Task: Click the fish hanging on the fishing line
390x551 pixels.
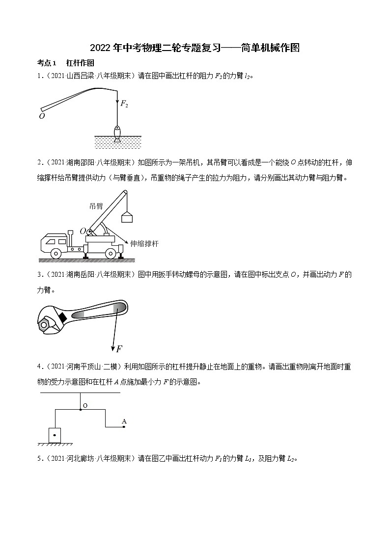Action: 117,132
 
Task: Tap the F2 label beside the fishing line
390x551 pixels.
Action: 124,105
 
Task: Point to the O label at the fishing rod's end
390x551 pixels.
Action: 42,116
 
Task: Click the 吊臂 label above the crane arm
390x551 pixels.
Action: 96,206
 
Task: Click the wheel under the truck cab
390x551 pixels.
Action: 56,253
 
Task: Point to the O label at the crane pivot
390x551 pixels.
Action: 83,231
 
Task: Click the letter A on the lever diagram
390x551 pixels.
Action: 124,421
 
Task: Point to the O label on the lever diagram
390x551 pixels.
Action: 85,406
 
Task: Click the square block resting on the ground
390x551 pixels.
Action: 55,434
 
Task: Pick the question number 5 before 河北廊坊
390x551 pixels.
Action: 39,459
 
